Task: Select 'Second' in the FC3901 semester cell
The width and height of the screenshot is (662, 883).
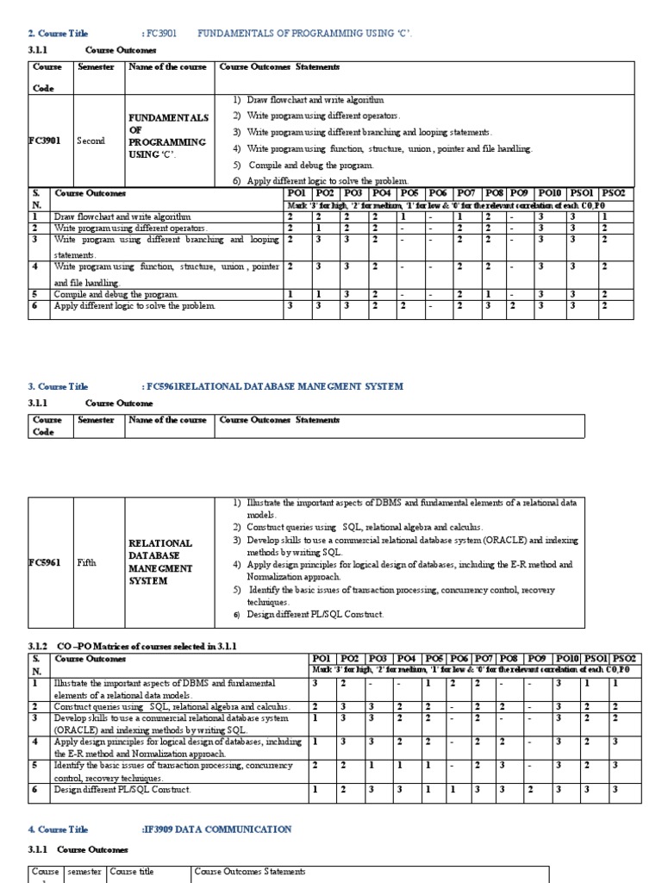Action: coord(91,141)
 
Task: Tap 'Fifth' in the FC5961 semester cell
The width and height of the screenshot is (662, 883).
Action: coord(87,562)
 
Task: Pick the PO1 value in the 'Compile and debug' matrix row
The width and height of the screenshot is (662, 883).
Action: coord(290,294)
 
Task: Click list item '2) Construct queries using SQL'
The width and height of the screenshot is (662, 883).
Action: coord(365,527)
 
